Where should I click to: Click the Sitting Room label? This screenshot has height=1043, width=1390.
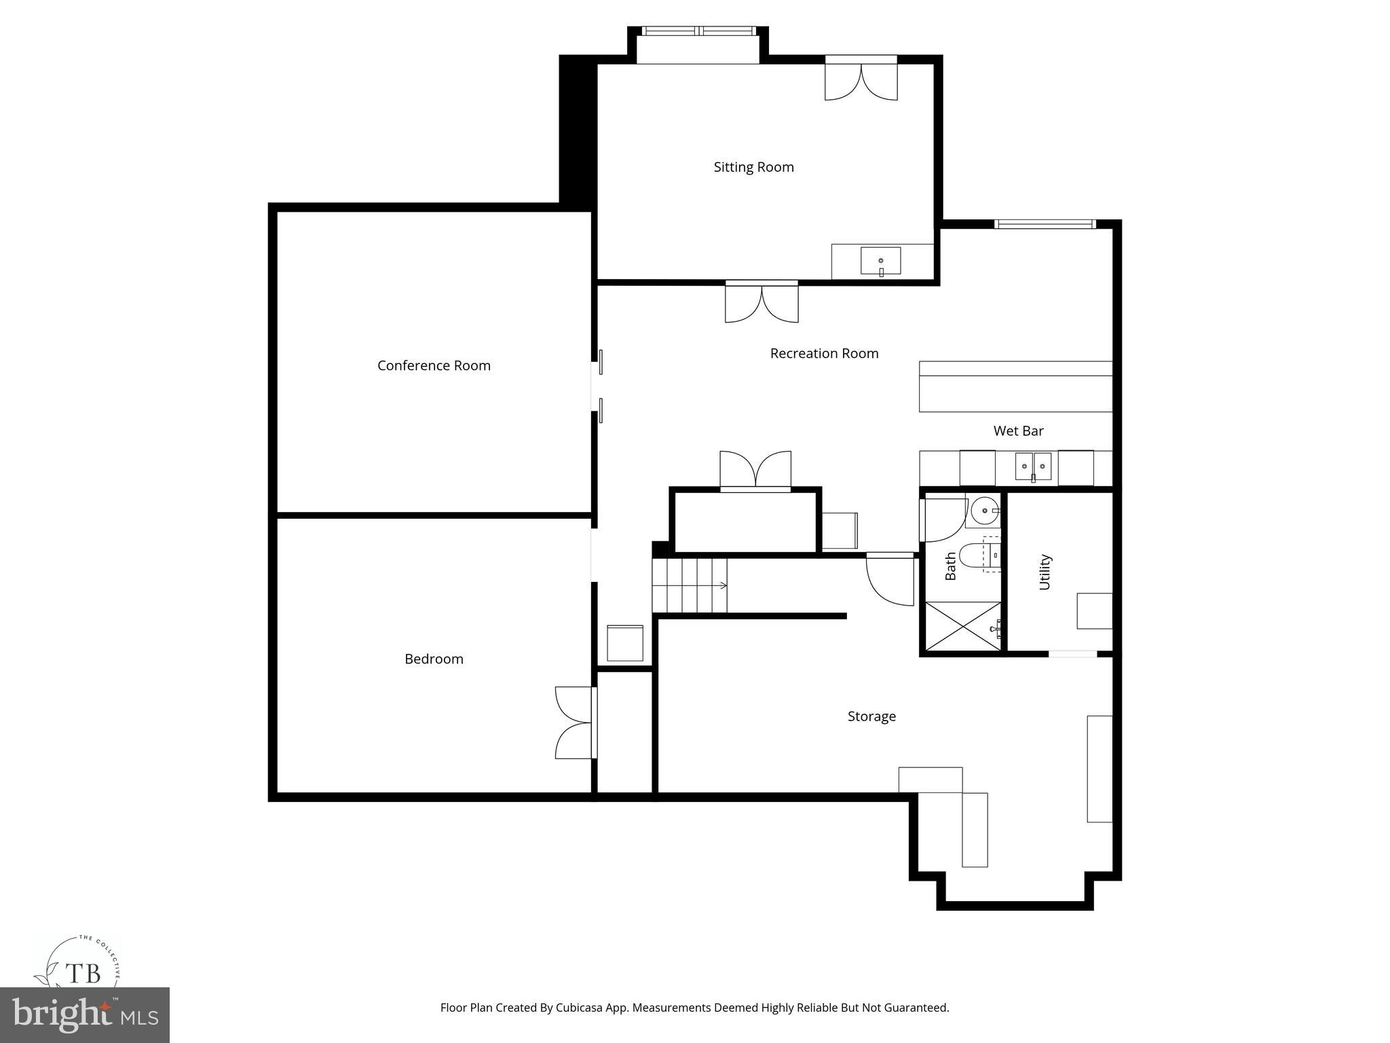[753, 167]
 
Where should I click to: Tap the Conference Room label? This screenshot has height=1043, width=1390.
[434, 365]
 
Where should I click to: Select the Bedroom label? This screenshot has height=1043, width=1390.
[434, 659]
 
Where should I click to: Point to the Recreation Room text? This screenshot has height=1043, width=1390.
[824, 353]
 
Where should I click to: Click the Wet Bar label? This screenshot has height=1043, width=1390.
[1018, 431]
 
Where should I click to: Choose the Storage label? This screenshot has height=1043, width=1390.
[871, 716]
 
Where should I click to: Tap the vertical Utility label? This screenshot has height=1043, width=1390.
[1045, 572]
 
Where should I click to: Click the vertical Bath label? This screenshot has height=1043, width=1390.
[950, 566]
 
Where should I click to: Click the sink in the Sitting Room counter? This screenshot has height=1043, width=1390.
[880, 261]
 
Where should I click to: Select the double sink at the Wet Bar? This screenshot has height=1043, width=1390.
[1033, 466]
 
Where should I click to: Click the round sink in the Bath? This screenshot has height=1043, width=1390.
[985, 511]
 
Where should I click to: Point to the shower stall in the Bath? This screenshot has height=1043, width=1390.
[960, 627]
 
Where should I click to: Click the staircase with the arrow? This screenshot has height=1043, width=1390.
[689, 585]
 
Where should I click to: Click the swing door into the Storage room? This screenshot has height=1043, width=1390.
[890, 579]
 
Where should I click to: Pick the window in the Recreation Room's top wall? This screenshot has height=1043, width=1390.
[1045, 224]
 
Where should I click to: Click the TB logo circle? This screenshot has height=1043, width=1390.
[83, 974]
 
